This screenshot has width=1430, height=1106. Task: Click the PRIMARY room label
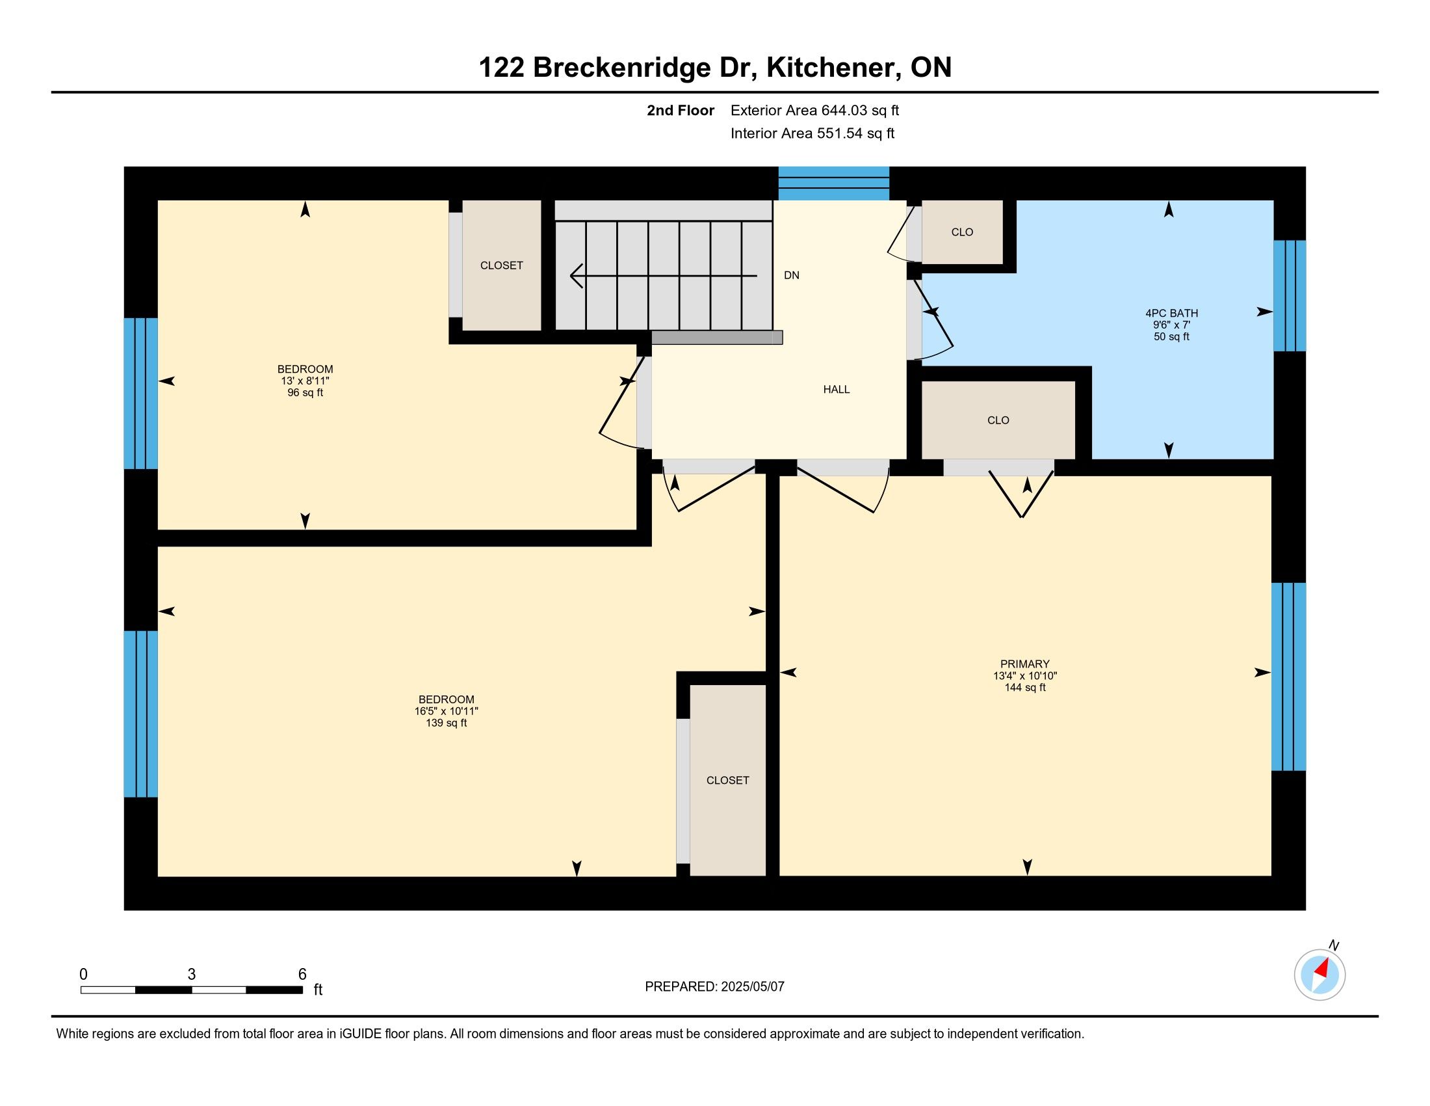click(x=1024, y=664)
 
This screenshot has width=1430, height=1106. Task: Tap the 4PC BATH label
click(x=1171, y=313)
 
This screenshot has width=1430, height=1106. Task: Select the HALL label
click(x=836, y=389)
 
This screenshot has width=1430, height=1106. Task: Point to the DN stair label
click(x=792, y=275)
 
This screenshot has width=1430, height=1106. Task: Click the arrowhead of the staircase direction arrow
click(x=576, y=276)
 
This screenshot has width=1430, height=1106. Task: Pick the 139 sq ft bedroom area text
click(x=446, y=723)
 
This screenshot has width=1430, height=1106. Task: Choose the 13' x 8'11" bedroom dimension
click(x=305, y=381)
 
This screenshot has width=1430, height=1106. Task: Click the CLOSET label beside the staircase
click(x=502, y=265)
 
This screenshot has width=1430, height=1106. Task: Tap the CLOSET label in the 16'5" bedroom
click(x=727, y=780)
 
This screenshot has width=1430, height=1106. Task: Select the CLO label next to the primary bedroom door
click(x=998, y=420)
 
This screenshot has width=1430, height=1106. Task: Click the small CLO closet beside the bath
click(x=962, y=232)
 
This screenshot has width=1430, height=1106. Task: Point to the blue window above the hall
click(x=833, y=183)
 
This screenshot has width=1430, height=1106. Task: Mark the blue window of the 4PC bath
click(x=1289, y=296)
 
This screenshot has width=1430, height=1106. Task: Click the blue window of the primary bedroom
click(x=1288, y=677)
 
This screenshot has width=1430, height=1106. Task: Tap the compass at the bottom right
click(x=1320, y=975)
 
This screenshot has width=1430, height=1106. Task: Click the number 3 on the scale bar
click(x=191, y=975)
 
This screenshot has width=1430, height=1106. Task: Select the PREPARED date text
click(x=714, y=987)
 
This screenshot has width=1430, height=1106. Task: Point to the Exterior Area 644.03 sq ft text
click(x=814, y=111)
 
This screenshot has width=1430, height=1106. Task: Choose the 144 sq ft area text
click(x=1024, y=687)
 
